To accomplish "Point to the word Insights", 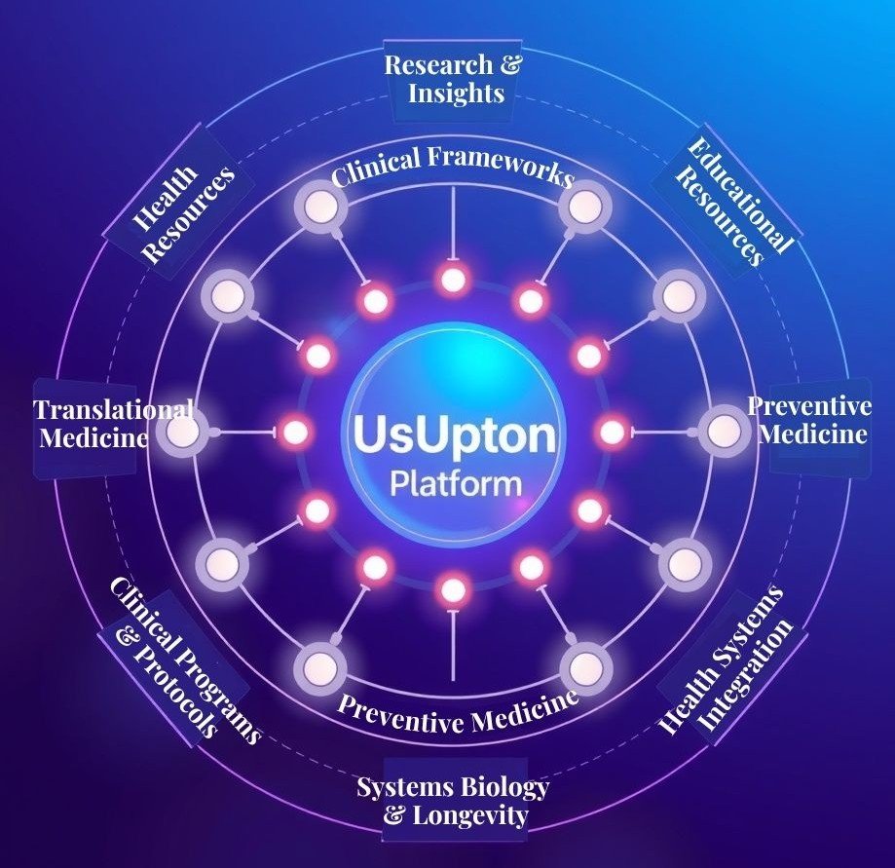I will click(456, 94).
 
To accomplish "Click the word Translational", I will click(113, 409).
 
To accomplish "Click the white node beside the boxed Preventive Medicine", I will click(722, 432).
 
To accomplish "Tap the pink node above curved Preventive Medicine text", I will click(452, 589).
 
